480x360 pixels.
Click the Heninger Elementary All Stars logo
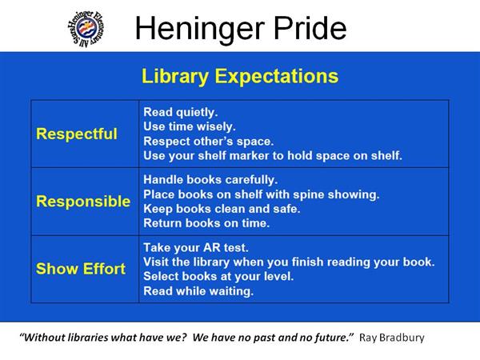[x=86, y=29]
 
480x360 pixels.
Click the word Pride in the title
[x=310, y=28]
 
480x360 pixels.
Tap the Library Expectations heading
[x=240, y=76]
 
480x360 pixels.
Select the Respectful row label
[x=77, y=134]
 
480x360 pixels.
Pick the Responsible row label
[x=83, y=202]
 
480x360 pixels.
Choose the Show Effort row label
[x=81, y=269]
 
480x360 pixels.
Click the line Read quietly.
[x=181, y=112]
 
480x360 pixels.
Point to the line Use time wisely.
[x=190, y=126]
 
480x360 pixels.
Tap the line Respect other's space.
[x=209, y=141]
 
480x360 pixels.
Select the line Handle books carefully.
[x=210, y=180]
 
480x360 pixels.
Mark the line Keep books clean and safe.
[x=222, y=209]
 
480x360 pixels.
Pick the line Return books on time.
[x=206, y=223]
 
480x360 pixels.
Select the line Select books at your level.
[x=218, y=277]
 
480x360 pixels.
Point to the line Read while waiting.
[x=198, y=291]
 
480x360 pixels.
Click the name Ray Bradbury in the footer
[x=392, y=338]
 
